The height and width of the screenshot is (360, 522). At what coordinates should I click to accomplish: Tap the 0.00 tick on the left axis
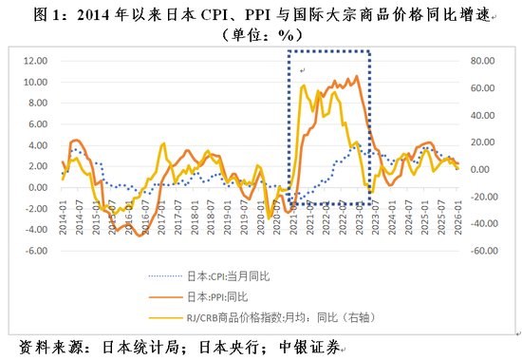pyautogui.click(x=36, y=188)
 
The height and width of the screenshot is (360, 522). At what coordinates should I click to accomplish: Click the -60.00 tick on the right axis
pyautogui.click(x=484, y=252)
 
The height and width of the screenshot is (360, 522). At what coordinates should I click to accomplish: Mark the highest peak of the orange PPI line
pyautogui.click(x=356, y=76)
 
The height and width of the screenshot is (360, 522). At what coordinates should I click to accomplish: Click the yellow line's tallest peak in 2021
pyautogui.click(x=302, y=85)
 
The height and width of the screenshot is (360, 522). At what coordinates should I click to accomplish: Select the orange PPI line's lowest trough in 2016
pyautogui.click(x=140, y=235)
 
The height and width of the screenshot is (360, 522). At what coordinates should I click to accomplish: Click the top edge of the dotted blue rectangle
pyautogui.click(x=327, y=49)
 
